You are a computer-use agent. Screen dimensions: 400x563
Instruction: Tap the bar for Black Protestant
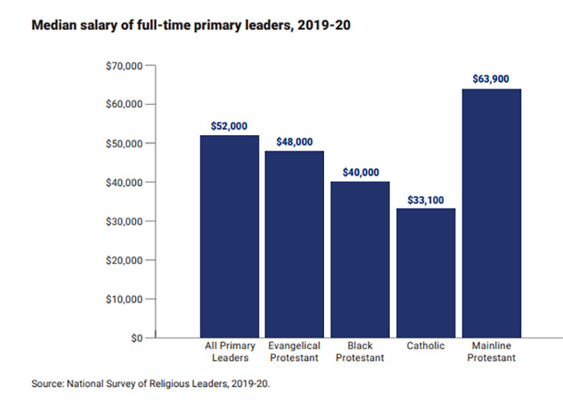[360, 259]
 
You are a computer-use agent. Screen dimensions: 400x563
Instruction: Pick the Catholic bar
[425, 273]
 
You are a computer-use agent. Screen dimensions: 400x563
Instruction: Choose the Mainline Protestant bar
[491, 212]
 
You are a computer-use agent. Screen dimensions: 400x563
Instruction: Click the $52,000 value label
[229, 126]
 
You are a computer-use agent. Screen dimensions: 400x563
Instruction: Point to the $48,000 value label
[294, 142]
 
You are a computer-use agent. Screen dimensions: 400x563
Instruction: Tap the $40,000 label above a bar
[360, 172]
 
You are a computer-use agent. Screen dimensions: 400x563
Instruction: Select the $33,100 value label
[425, 199]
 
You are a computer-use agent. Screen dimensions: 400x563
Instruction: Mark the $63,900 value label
[491, 80]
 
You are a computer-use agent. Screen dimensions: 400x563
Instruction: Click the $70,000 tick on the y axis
[124, 65]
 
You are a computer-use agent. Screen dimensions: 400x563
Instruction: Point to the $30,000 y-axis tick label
[124, 221]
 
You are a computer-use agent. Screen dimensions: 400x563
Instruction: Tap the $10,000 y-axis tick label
[124, 299]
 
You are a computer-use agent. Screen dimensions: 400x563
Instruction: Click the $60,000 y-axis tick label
[124, 105]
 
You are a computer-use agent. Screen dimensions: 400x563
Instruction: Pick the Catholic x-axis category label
[425, 346]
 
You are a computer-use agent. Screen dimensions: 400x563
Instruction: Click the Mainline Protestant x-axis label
[491, 352]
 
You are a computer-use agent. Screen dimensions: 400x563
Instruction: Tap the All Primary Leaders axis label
[229, 352]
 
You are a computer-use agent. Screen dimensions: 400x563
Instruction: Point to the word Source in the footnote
[47, 385]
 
